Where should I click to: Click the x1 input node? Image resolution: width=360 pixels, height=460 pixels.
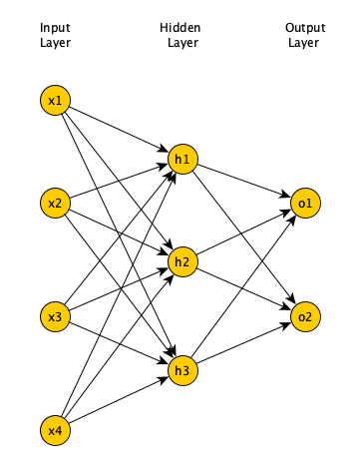(56, 100)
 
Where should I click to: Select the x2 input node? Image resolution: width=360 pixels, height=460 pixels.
(56, 204)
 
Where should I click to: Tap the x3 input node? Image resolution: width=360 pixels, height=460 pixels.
(56, 317)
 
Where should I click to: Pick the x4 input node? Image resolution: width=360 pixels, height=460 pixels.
(56, 431)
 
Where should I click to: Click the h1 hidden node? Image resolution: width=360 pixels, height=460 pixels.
(181, 158)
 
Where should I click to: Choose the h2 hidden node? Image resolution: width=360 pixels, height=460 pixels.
(181, 261)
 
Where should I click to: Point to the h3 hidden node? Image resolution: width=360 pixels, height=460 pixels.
(181, 371)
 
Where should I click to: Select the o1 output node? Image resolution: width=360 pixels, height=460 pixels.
(304, 204)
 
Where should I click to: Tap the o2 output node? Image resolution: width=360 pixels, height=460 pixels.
(304, 317)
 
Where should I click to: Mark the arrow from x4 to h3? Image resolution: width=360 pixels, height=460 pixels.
(119, 401)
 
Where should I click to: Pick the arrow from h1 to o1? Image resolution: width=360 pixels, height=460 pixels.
(243, 181)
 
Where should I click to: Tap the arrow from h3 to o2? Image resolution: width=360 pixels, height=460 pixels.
(243, 344)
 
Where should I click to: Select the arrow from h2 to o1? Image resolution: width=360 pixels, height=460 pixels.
(243, 232)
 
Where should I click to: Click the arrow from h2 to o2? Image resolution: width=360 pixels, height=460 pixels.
(243, 289)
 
